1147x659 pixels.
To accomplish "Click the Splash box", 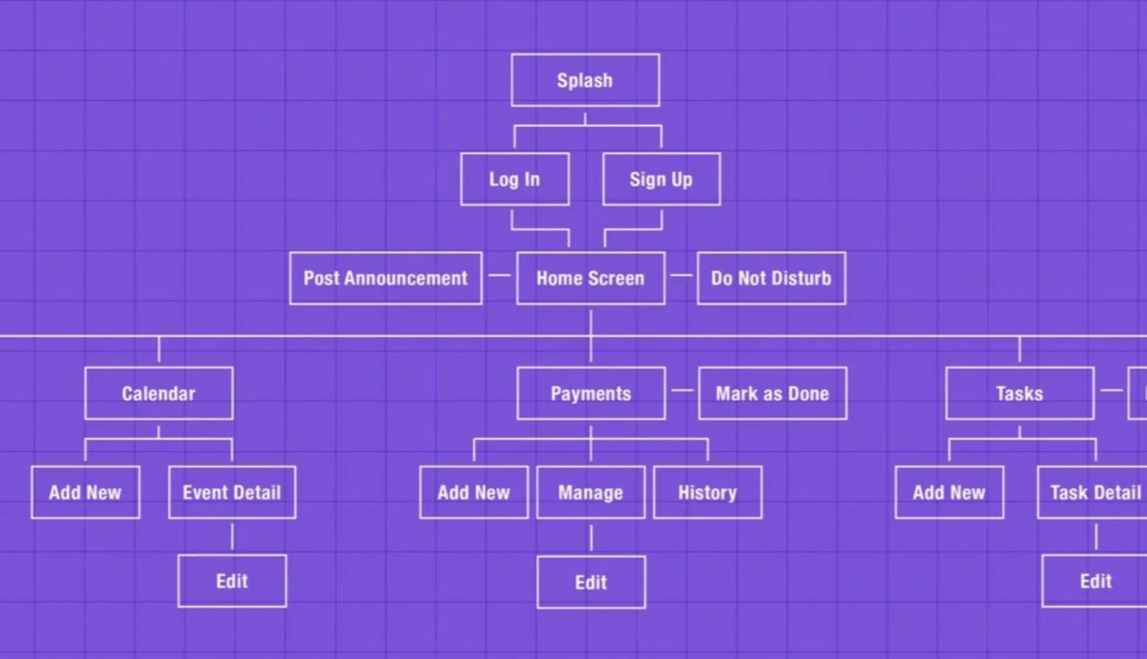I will pos(585,80).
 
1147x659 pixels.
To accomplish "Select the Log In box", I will pos(515,179).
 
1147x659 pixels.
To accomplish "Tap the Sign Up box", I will pos(661,179).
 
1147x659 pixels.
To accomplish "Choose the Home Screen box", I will pos(590,278).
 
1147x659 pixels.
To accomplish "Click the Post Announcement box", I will pos(385,278).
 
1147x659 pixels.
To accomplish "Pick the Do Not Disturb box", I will pos(771,278).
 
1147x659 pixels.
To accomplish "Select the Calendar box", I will pos(159,393).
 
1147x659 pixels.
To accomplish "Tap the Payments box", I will pos(590,393).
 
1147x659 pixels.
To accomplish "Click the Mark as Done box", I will pos(772,393).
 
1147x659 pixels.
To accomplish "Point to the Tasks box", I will pos(1019,393).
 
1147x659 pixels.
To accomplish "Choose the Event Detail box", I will pos(232,492).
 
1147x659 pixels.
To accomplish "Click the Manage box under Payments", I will pos(590,492).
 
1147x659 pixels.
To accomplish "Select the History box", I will pos(707,492).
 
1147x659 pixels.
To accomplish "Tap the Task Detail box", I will pos(1093,492).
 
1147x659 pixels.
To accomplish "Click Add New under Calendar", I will pos(85,492).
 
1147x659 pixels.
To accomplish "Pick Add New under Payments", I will pos(473,492).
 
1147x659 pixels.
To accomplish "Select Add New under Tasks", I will pos(949,492).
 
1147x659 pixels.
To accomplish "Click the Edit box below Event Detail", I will pos(232,581).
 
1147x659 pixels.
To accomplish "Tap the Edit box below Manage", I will pos(590,582).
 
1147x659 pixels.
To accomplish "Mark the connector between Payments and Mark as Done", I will pos(682,390).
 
